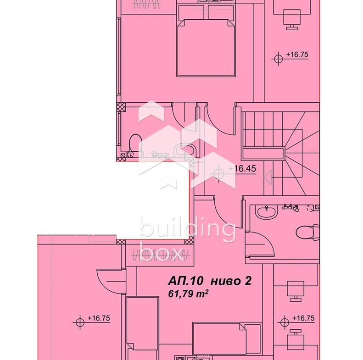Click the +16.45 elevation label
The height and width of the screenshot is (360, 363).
(242, 169)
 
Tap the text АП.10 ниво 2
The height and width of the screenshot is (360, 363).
(210, 281)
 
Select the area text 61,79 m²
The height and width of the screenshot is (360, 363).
(188, 294)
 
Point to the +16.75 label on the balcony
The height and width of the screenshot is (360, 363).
(99, 318)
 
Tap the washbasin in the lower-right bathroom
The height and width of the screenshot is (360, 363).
(266, 211)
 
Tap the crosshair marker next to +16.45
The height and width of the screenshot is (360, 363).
(218, 173)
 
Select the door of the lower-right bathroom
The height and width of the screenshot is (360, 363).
(260, 244)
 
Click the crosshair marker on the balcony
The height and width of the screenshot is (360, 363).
(80, 322)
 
